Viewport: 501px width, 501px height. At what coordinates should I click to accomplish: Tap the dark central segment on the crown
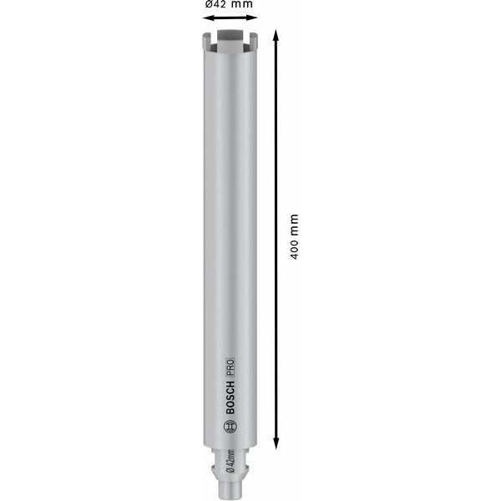[228, 36]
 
